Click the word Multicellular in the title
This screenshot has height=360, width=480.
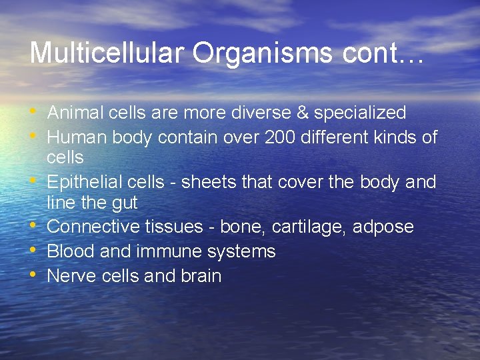(92, 53)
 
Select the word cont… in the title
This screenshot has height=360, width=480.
(383, 53)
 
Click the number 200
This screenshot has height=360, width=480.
(283, 137)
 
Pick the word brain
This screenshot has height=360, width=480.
(201, 276)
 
